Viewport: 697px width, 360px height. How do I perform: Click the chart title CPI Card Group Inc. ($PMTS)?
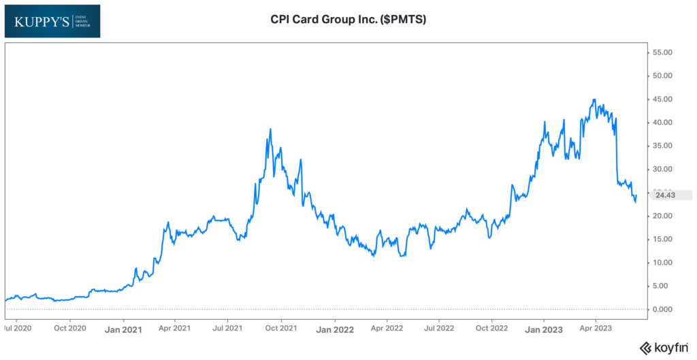(x=348, y=20)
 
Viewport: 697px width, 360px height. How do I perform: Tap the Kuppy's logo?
(x=52, y=21)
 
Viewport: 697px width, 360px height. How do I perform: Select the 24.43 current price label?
(x=665, y=195)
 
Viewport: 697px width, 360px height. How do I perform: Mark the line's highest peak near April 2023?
(x=594, y=99)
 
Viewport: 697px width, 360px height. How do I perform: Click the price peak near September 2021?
(x=271, y=129)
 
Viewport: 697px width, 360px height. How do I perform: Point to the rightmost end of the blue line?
(x=636, y=196)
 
